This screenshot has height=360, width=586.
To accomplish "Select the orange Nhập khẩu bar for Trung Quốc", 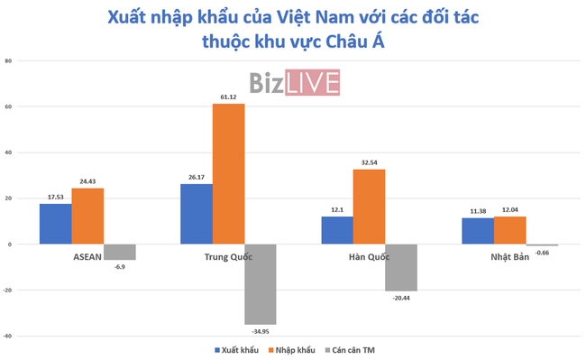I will pyautogui.click(x=228, y=174).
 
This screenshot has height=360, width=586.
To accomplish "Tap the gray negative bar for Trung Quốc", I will pyautogui.click(x=261, y=284).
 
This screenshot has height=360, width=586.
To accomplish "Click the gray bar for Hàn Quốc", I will pyautogui.click(x=401, y=267).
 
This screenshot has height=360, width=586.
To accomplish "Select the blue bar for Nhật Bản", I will pyautogui.click(x=477, y=231).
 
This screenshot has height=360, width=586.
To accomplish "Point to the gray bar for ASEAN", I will pyautogui.click(x=120, y=252).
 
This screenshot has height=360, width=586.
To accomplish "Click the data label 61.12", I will pyautogui.click(x=228, y=97).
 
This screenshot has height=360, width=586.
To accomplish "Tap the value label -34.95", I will pyautogui.click(x=261, y=330).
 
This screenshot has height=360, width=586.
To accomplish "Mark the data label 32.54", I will pyautogui.click(x=369, y=162).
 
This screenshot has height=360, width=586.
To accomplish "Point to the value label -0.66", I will pyautogui.click(x=543, y=252).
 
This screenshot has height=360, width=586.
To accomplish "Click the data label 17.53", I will pyautogui.click(x=55, y=197).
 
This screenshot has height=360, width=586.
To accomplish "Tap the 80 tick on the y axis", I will pyautogui.click(x=8, y=61).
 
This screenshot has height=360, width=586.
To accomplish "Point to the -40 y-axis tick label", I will pyautogui.click(x=8, y=336).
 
